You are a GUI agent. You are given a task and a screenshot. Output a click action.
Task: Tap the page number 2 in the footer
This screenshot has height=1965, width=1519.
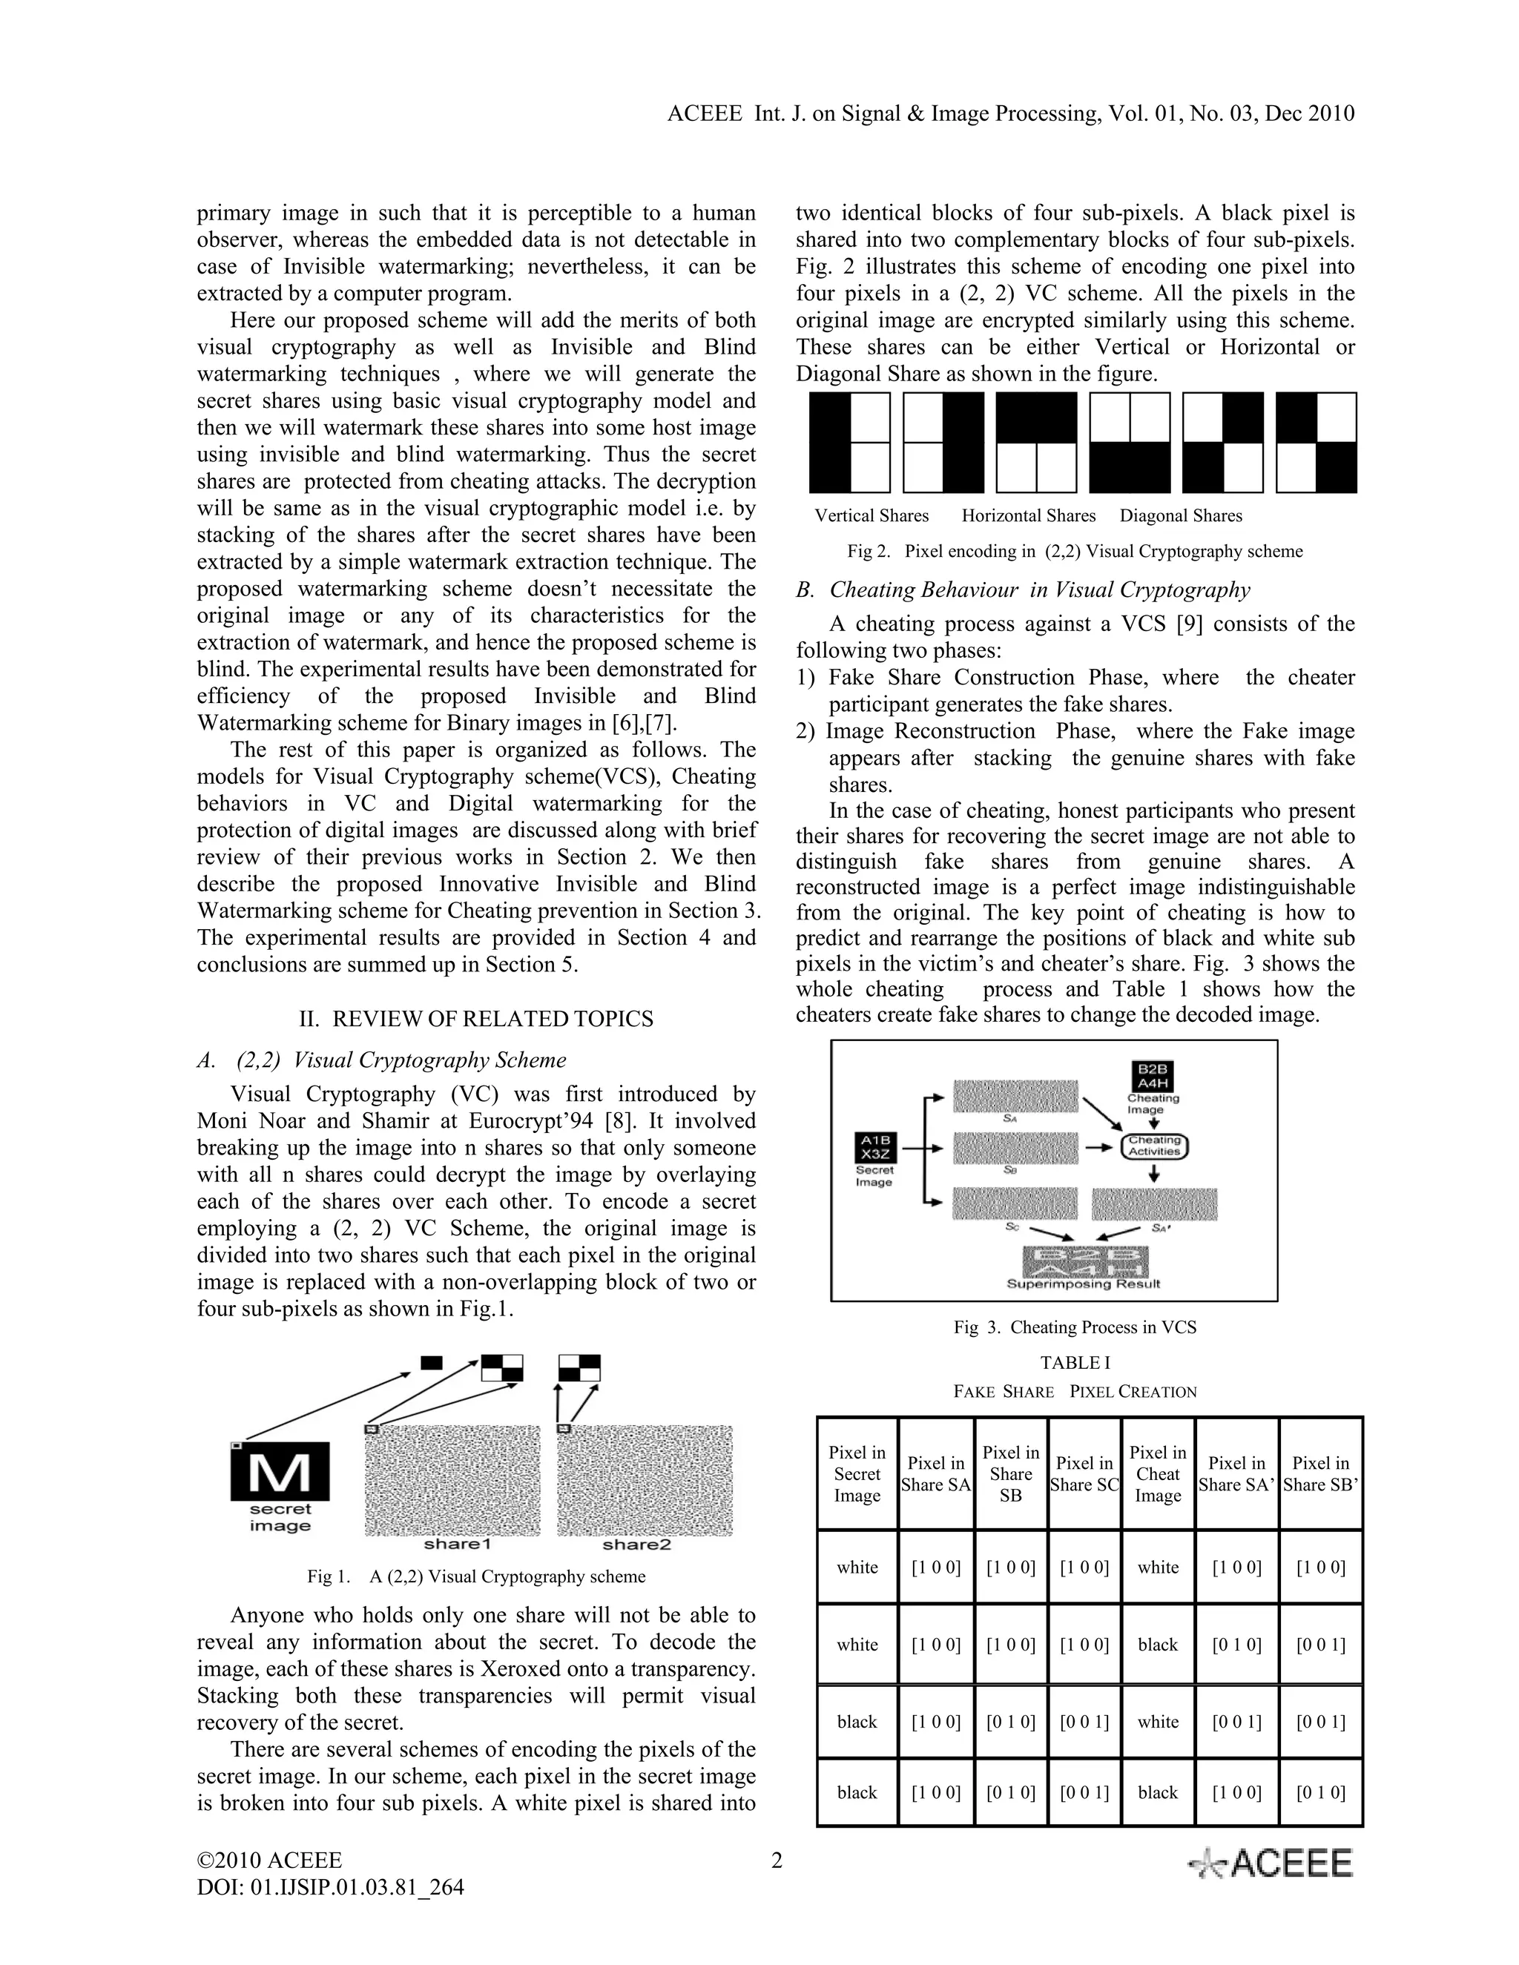click(777, 1860)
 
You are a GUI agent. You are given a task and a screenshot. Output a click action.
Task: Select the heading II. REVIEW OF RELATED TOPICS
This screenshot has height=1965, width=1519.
click(476, 1019)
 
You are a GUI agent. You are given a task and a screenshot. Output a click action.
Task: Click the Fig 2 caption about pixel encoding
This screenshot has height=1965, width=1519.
click(1075, 552)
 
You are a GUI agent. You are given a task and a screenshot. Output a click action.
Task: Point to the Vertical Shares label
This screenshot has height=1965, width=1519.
click(871, 515)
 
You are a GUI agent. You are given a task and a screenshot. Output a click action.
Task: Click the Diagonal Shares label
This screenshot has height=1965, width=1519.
click(1181, 515)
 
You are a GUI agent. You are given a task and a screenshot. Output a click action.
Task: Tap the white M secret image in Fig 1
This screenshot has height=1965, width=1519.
click(280, 1473)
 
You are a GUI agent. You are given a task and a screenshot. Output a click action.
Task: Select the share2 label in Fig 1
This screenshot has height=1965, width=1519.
click(636, 1545)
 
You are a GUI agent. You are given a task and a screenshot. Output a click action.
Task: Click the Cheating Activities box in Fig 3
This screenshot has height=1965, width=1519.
click(1155, 1146)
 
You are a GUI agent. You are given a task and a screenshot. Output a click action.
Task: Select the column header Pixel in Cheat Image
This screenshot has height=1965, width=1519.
click(1157, 1474)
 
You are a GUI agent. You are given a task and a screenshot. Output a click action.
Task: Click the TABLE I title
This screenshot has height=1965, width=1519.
click(1075, 1363)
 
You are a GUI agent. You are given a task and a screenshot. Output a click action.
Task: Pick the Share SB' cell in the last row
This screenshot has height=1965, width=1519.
click(1320, 1792)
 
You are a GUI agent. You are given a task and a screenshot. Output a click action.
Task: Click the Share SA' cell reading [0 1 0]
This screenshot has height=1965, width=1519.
click(1236, 1645)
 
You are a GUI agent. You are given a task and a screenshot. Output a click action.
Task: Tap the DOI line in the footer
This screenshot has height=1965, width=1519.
click(330, 1886)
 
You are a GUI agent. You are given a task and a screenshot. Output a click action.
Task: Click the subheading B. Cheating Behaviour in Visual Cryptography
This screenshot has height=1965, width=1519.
click(1023, 590)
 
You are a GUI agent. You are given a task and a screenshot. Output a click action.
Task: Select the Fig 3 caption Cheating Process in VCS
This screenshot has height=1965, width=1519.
click(1075, 1327)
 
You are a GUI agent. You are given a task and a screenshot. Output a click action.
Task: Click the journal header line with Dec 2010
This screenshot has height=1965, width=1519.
click(1011, 113)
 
